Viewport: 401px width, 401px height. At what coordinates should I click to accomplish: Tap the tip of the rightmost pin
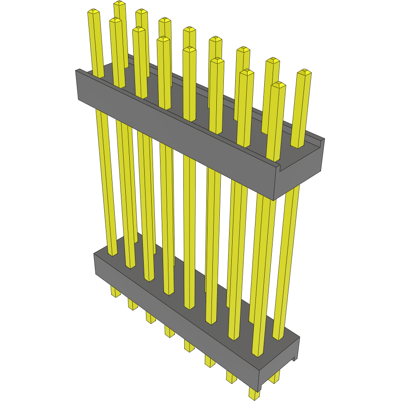pyautogui.click(x=304, y=72)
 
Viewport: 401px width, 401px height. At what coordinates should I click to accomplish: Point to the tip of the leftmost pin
pyautogui.click(x=93, y=11)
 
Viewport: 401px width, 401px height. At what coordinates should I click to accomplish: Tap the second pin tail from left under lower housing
pyautogui.click(x=133, y=304)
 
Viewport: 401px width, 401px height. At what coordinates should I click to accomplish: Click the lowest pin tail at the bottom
pyautogui.click(x=254, y=393)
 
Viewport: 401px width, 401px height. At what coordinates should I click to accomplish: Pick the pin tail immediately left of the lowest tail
pyautogui.click(x=231, y=376)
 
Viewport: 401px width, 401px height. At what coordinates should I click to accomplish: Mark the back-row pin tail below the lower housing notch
pyautogui.click(x=275, y=377)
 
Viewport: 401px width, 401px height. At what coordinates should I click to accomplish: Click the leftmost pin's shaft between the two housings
pyautogui.click(x=106, y=176)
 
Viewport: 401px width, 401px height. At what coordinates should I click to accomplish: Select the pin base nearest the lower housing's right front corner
pyautogui.click(x=258, y=352)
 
